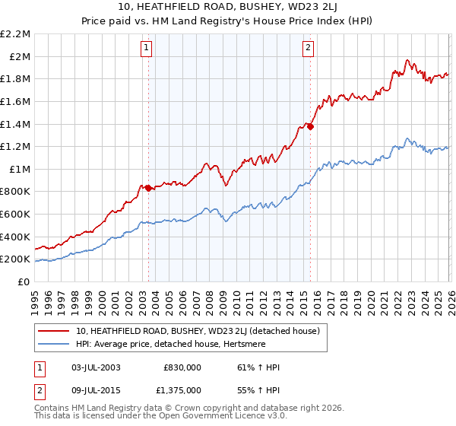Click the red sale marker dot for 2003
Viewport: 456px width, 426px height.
[x=148, y=188]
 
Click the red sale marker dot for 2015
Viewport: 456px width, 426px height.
[x=311, y=127]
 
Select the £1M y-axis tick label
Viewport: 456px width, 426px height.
[x=20, y=169]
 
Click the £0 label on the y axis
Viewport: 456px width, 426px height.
[x=24, y=281]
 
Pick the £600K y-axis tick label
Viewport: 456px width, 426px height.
[x=17, y=215]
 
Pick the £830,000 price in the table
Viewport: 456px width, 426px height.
[x=182, y=367]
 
